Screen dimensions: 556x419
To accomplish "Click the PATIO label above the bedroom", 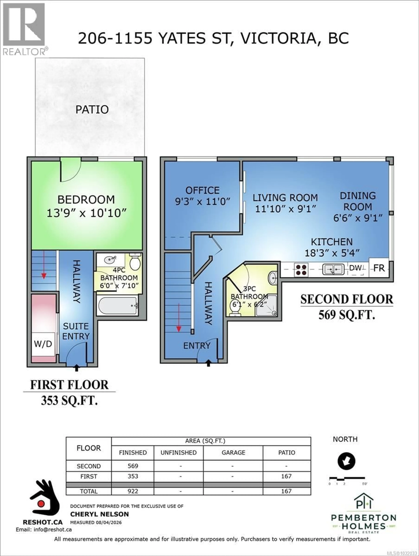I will tap(92, 110).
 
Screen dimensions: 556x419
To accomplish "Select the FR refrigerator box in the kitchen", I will tap(379, 268).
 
